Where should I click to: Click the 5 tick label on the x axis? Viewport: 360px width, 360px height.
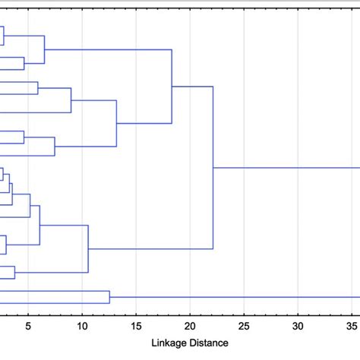[28, 327]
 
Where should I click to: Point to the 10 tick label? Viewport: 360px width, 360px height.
[82, 327]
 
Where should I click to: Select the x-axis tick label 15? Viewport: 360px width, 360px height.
[135, 327]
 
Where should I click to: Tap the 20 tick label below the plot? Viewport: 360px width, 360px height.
[190, 327]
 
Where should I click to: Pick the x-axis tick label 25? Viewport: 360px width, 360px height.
[244, 327]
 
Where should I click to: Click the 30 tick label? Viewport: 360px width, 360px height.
[298, 327]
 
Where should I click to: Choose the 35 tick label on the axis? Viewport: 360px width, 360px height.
[351, 327]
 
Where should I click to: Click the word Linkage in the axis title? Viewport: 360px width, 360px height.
[172, 343]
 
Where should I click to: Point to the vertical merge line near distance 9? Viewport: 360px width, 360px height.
[71, 100]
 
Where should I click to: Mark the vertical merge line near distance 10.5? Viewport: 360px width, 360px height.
[89, 248]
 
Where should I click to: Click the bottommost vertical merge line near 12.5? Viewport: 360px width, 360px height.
[109, 297]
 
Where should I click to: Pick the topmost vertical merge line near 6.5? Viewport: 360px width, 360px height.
[45, 49]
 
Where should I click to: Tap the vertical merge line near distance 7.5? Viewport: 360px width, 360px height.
[55, 146]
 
